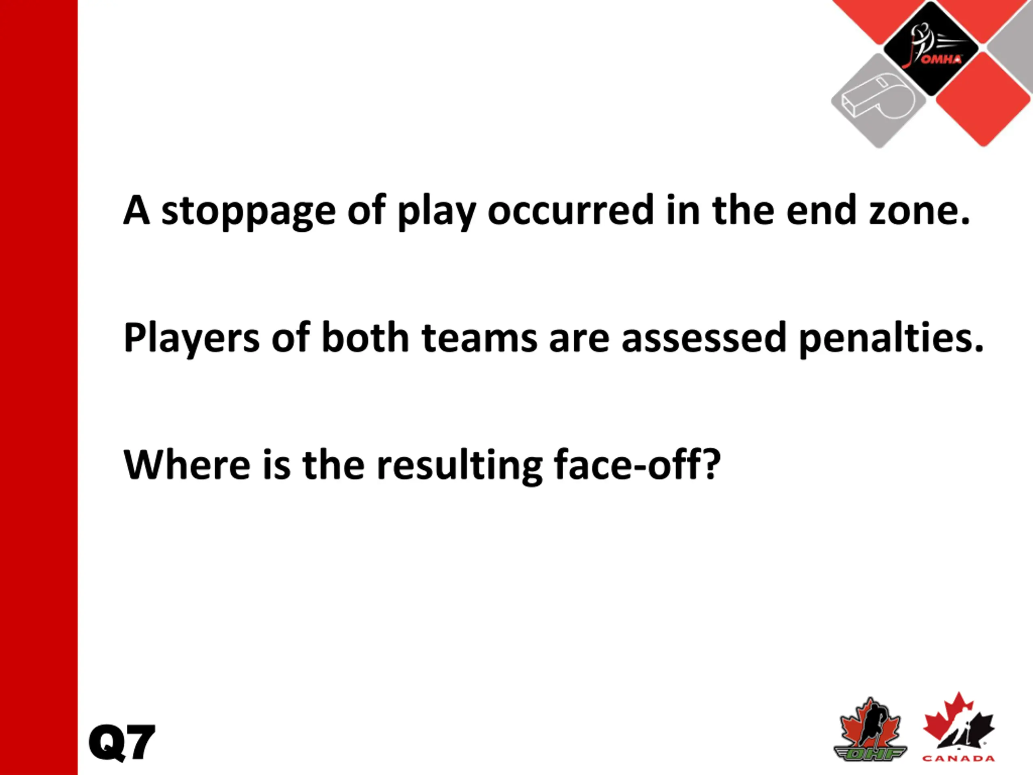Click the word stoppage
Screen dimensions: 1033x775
tap(249, 212)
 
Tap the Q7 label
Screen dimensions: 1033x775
tap(121, 743)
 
